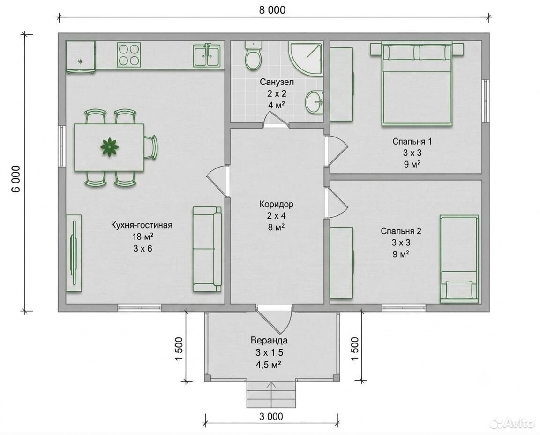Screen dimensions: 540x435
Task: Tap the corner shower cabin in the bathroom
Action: [306, 59]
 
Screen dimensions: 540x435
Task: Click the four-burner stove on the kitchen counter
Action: [129, 55]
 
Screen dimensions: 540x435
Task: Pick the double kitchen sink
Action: [207, 55]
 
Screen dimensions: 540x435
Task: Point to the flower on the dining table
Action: [110, 147]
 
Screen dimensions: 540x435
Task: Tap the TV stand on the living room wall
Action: [74, 253]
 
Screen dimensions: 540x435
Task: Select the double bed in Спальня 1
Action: [416, 84]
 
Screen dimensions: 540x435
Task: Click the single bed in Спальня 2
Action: [459, 259]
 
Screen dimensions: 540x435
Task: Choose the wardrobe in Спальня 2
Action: [341, 263]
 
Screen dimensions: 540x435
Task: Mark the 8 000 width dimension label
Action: [272, 10]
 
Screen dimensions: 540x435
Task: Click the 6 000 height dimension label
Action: [16, 179]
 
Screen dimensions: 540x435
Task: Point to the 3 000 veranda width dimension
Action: [271, 416]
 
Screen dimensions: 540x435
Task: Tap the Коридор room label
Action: [277, 204]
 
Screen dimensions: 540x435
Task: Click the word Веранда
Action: [269, 341]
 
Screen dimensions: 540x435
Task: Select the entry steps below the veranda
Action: [271, 395]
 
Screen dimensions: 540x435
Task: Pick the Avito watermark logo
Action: [512, 423]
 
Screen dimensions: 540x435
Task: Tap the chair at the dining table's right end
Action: [150, 147]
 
